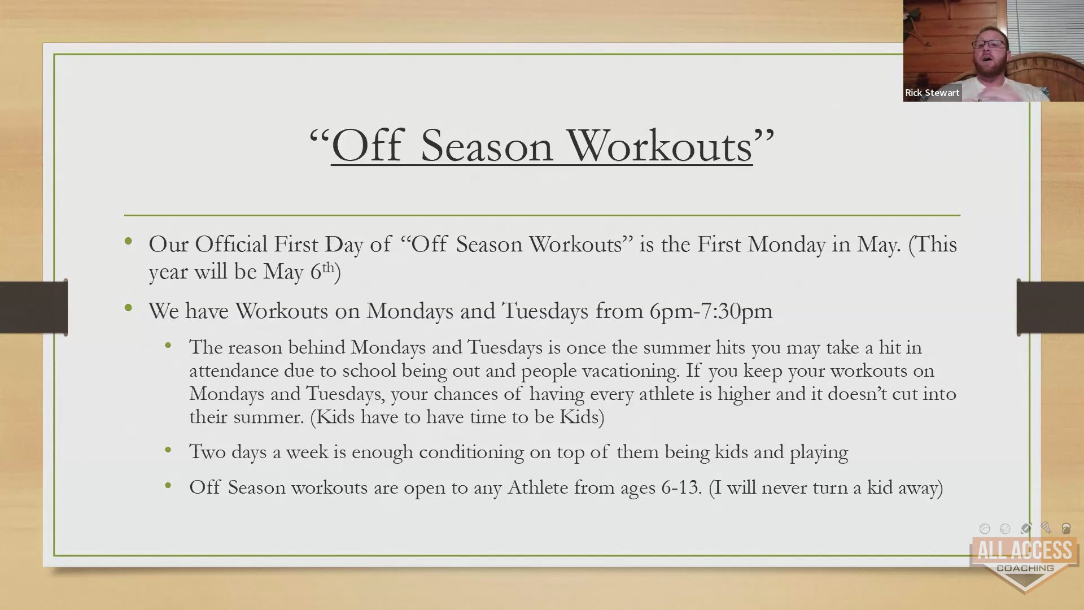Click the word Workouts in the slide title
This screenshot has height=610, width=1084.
click(x=660, y=146)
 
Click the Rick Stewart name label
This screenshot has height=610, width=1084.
click(x=932, y=93)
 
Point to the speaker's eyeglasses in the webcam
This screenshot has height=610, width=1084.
click(x=989, y=45)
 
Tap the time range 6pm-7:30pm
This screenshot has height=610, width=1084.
click(x=711, y=311)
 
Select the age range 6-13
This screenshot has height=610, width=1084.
click(x=681, y=487)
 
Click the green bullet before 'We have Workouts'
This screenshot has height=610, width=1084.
click(x=129, y=308)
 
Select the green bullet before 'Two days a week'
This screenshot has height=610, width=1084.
click(x=168, y=450)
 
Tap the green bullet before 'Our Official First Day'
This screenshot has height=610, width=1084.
click(x=129, y=242)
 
